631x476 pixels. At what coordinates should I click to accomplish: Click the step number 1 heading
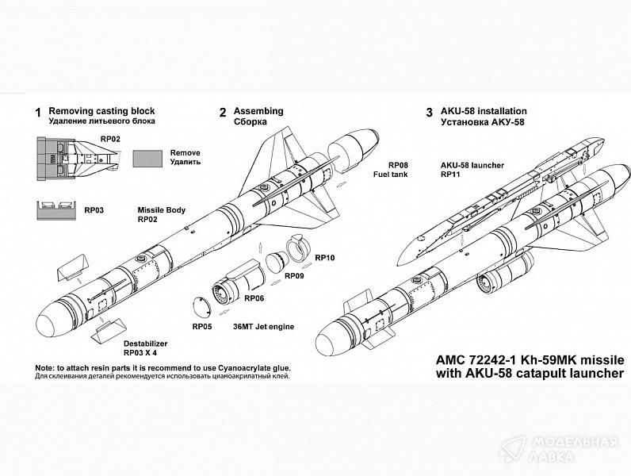pos(37,112)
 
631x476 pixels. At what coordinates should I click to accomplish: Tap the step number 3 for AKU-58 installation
pos(429,112)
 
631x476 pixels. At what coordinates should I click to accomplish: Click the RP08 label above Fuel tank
pos(396,164)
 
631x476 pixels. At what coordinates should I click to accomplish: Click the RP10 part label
pos(325,257)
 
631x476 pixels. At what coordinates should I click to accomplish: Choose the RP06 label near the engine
pos(254,298)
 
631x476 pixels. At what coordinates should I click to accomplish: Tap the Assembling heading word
pos(258,112)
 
